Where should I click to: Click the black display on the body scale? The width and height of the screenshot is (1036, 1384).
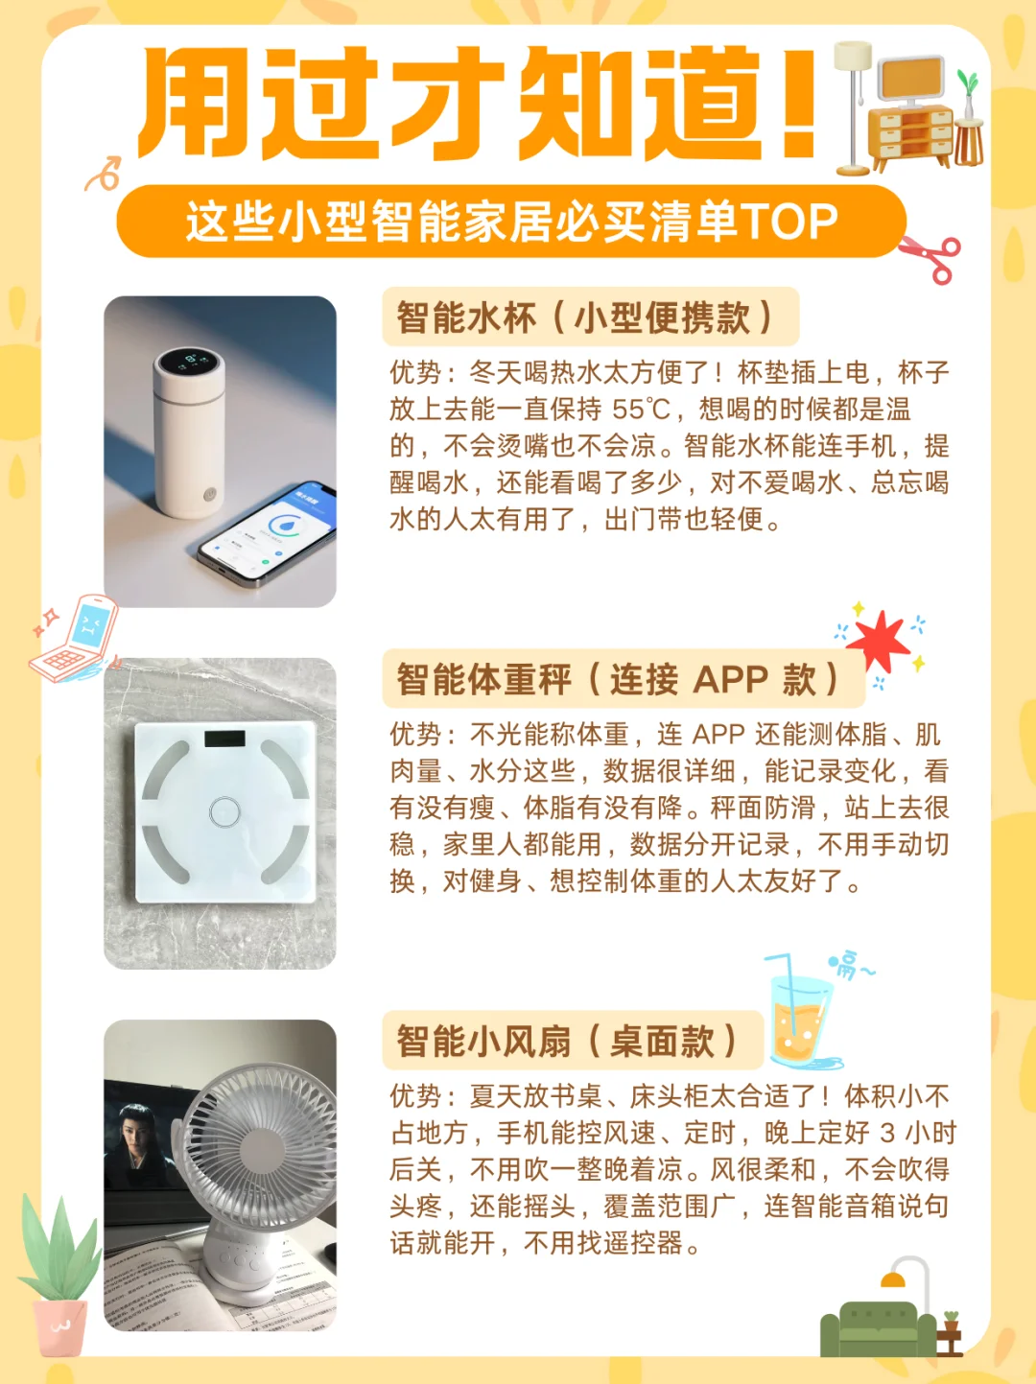coord(224,739)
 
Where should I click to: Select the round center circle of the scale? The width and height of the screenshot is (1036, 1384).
coord(224,811)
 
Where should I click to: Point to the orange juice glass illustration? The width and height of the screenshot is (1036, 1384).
coord(800,1019)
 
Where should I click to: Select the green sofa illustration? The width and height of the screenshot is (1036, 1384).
coord(878,1329)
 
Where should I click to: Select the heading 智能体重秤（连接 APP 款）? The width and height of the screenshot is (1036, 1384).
coord(618,679)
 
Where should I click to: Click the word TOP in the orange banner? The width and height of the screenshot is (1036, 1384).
coord(789,222)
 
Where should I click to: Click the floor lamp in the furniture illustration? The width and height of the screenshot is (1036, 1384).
coord(853,106)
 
